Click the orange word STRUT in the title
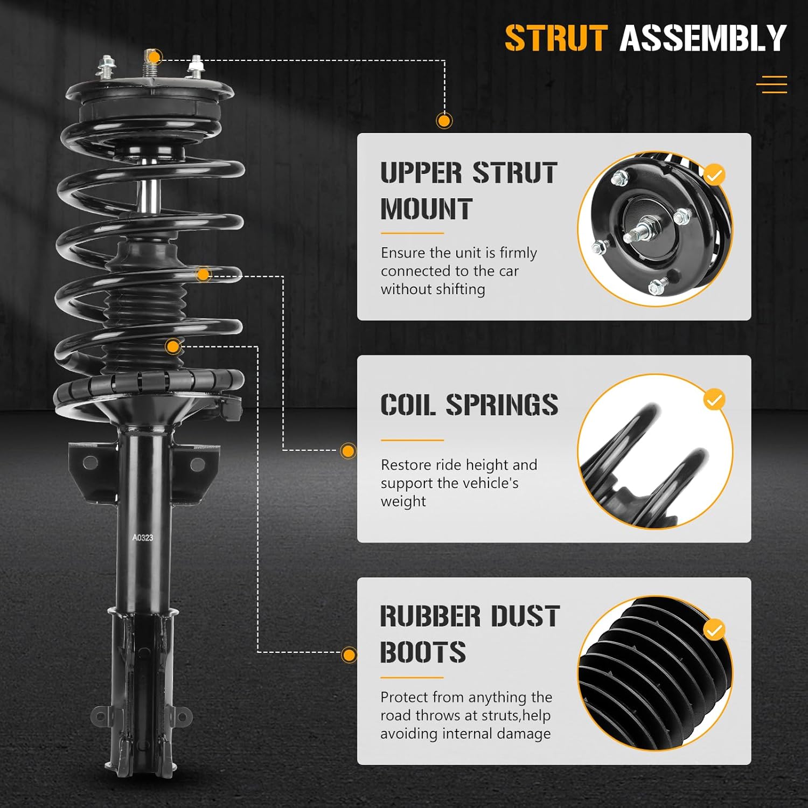tap(556, 38)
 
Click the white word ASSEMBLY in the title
tap(703, 38)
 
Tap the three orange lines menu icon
tap(771, 85)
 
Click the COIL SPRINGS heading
tap(469, 405)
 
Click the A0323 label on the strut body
tap(143, 537)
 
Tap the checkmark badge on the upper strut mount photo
tap(714, 175)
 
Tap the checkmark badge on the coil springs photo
tap(714, 400)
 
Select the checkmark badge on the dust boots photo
tap(714, 630)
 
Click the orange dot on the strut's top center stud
tap(154, 57)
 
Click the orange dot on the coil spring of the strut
tap(203, 275)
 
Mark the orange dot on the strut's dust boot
tap(173, 346)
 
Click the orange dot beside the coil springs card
tap(349, 451)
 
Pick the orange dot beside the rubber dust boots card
tap(349, 655)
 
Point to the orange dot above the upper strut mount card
tap(444, 121)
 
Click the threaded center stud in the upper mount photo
tap(643, 230)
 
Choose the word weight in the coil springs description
tap(403, 501)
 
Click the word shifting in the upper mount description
tap(459, 289)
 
